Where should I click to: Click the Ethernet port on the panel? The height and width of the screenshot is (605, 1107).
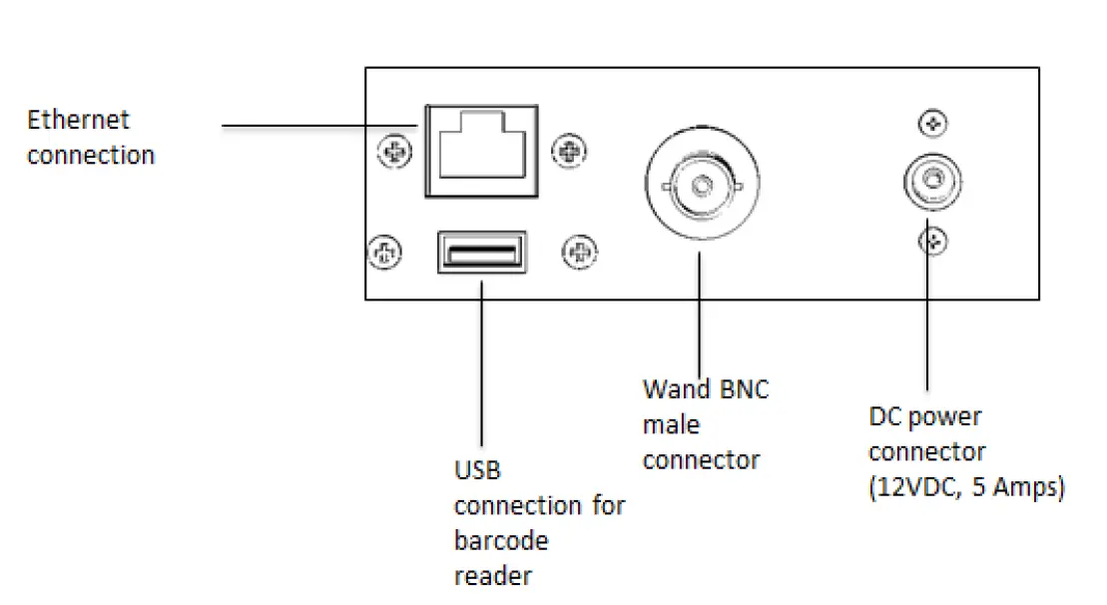click(x=480, y=152)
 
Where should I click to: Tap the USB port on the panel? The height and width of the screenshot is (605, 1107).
click(x=482, y=251)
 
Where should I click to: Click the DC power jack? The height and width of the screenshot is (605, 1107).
click(x=931, y=183)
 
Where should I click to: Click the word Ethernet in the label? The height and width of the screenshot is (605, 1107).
click(x=78, y=120)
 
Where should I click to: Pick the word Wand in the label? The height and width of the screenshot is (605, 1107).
click(x=676, y=388)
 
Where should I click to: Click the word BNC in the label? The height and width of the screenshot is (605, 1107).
click(x=744, y=388)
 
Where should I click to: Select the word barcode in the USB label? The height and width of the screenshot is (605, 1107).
click(x=501, y=541)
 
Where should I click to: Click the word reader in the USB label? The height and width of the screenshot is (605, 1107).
click(x=492, y=576)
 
